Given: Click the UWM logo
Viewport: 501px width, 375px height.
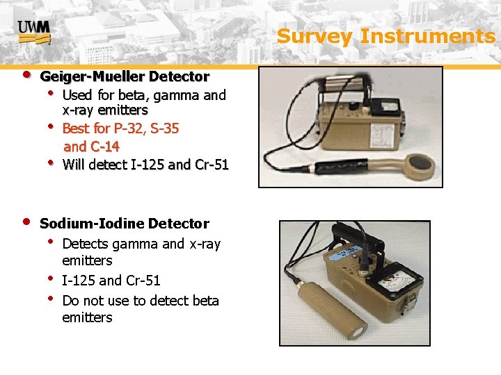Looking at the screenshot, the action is [33, 30].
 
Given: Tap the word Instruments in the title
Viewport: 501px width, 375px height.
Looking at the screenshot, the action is [427, 36].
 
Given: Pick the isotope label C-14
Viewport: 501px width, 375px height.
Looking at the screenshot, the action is [103, 147].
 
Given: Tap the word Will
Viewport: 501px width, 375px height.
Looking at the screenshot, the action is [73, 165].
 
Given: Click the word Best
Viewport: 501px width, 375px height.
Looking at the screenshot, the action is [75, 128].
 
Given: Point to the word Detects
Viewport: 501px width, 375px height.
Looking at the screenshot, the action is [85, 244].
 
